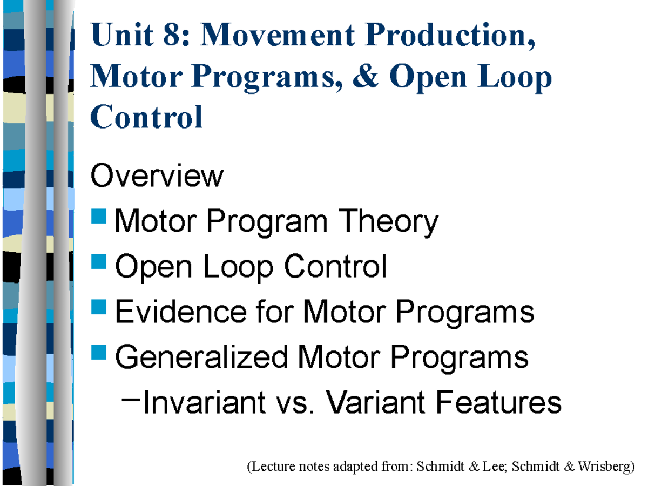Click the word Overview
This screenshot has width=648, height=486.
tap(157, 176)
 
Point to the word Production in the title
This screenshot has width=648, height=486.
tap(450, 36)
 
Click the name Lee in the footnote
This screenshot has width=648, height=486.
tap(494, 467)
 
